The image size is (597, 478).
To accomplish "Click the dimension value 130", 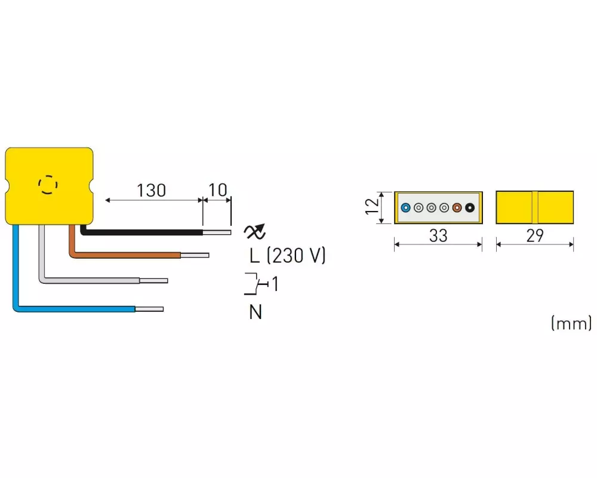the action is point(151,190).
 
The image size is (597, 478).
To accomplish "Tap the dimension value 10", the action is point(218,190).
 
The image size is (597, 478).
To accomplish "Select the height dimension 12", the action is point(372,207).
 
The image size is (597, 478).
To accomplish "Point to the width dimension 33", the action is point(438,235).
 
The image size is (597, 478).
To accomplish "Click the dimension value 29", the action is point(535,235).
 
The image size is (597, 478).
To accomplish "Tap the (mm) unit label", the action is point(571,323).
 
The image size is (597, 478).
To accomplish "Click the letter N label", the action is point(256,312).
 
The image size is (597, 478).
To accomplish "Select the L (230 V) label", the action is point(288,255).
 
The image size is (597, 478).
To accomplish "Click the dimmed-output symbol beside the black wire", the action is point(254,231).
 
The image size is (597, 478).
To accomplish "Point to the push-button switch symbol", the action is point(256,284).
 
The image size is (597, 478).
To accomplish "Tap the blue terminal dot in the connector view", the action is point(406,208).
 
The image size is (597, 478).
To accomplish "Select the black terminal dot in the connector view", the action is point(470,208).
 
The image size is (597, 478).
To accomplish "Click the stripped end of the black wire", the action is point(217,232).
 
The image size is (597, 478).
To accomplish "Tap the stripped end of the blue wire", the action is point(149,309).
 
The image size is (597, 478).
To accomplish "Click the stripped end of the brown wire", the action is point(195,255).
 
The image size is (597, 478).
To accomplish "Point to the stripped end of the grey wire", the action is point(153,281).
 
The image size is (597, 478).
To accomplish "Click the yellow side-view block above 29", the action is point(534,207).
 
